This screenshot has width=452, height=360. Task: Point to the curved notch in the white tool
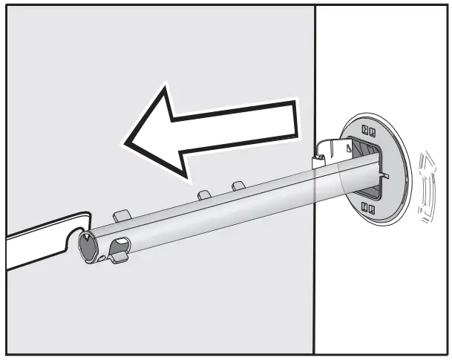click(x=75, y=236)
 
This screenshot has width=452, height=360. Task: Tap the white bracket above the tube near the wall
click(x=327, y=151)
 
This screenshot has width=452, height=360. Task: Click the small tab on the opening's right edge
click(x=387, y=175)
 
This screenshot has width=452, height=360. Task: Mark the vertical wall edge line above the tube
click(x=315, y=74)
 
